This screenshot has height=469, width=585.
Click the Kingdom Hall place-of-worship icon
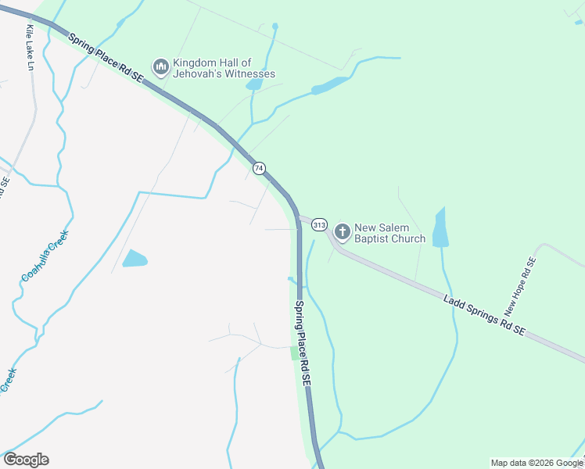coord(161,68)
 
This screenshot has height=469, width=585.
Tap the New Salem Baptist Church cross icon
coord(342,232)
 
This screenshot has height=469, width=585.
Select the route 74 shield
coord(260,168)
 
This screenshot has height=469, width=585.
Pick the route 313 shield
coord(319,225)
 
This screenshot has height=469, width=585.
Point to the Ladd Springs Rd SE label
coord(483,315)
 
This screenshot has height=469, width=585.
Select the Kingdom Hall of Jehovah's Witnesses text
coord(224,68)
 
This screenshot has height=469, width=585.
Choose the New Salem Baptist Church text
coord(389,233)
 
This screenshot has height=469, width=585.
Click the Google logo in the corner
coord(26,460)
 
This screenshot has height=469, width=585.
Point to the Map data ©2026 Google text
coord(537,463)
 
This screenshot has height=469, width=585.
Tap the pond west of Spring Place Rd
coord(135,258)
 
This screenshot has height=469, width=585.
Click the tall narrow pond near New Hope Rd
coord(440,228)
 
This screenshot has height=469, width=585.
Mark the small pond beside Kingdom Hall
coord(254,84)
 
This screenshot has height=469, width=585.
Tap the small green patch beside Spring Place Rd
coord(294,353)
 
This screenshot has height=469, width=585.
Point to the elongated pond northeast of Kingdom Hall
coord(328,86)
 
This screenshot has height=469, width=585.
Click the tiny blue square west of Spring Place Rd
coord(290,277)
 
